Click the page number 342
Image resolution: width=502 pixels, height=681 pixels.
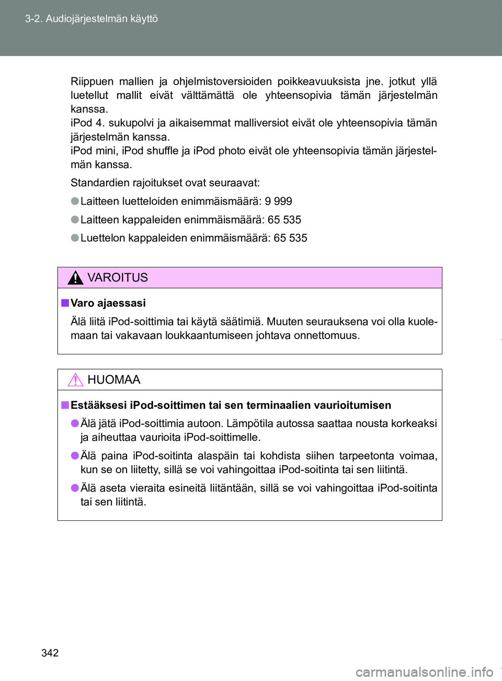[x=50, y=653]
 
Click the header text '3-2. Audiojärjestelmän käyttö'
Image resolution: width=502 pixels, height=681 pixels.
[x=92, y=19]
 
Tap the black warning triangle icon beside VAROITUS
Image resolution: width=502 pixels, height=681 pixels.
[x=75, y=277]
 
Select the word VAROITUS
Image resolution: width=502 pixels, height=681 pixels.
[x=117, y=277]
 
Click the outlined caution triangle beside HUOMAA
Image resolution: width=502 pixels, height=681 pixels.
[x=75, y=379]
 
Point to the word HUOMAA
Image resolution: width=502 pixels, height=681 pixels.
[x=113, y=379]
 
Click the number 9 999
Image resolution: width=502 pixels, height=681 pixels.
[x=278, y=202]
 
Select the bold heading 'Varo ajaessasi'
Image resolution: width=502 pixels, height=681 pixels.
[x=108, y=303]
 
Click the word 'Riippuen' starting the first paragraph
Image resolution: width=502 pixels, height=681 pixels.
[x=92, y=82]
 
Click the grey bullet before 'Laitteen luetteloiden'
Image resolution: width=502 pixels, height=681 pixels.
[x=75, y=201]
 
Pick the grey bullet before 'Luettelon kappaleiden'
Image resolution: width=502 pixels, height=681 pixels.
[x=75, y=238]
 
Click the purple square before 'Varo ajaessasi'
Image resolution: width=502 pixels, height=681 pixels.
[x=65, y=303]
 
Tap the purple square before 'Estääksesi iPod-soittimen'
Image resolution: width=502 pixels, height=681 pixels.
[x=65, y=405]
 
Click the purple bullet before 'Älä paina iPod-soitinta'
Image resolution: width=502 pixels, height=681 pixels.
[x=75, y=455]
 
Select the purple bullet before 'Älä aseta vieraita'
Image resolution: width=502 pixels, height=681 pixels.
[x=75, y=488]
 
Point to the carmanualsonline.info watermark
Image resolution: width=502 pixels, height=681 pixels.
[x=424, y=672]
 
